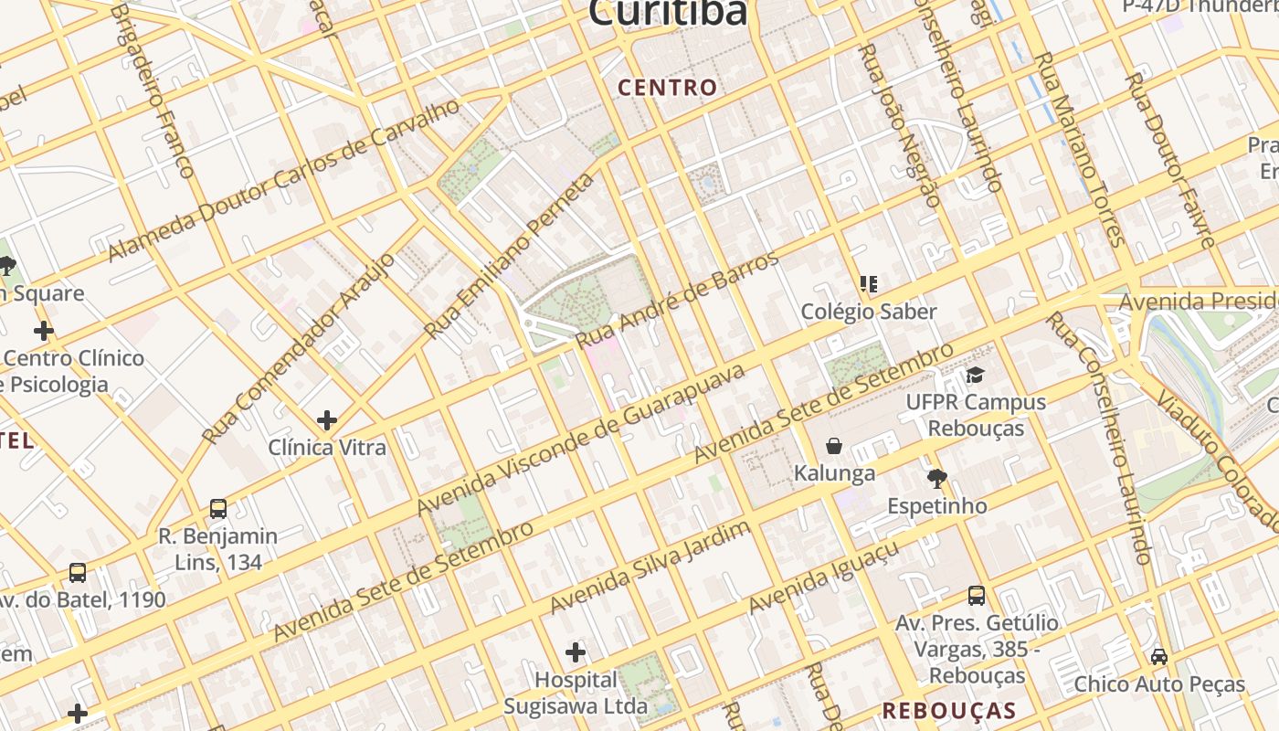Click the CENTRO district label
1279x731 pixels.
668,88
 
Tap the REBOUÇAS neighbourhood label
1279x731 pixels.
949,711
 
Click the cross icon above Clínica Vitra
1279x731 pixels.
326,420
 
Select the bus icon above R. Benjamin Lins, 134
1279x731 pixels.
217,509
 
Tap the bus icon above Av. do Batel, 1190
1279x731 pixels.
78,573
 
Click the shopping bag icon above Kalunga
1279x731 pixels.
834,446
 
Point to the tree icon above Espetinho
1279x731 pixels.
936,478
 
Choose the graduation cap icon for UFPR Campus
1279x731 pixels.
975,376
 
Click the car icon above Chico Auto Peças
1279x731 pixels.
1158,656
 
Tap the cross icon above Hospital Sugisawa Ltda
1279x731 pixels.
576,652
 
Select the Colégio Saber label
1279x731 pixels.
869,312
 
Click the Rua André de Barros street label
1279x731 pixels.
677,298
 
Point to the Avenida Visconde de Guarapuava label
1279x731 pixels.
581,435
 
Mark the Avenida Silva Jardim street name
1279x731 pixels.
650,567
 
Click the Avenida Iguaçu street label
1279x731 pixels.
823,577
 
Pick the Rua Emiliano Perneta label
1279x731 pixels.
509,255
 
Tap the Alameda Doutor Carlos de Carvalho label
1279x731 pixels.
284,180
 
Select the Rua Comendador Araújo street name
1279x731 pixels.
299,348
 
